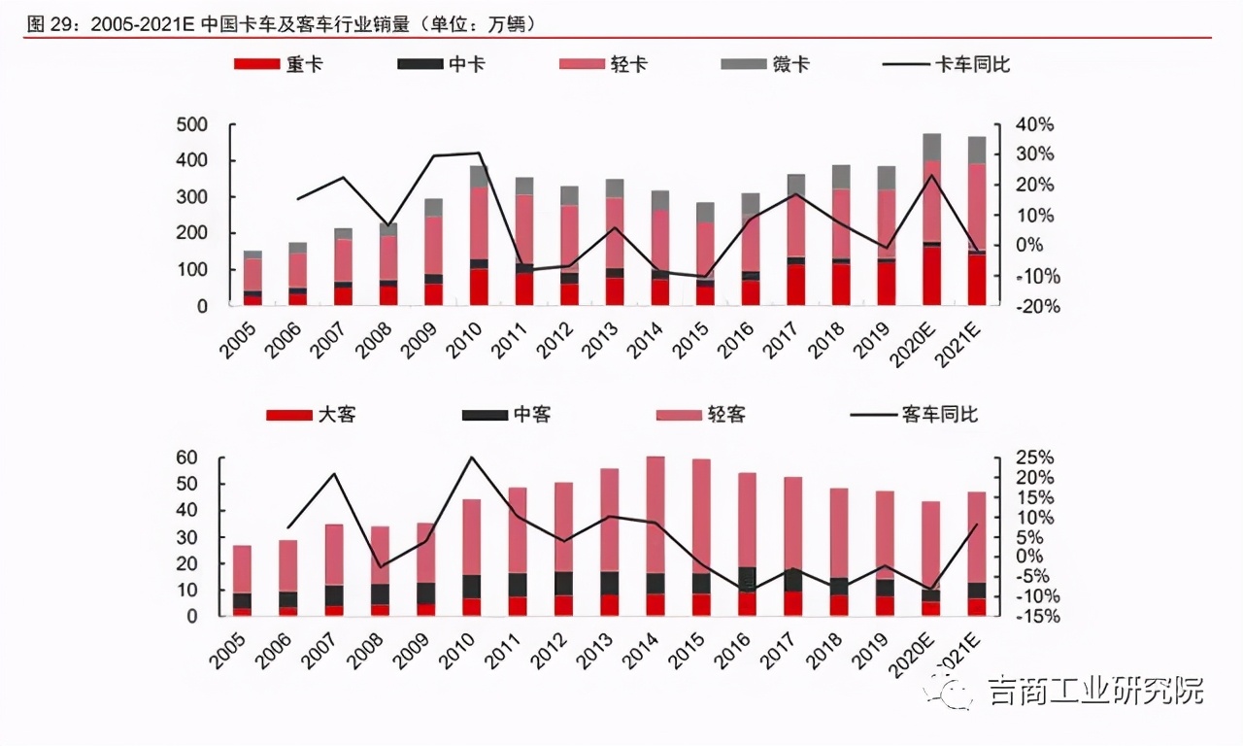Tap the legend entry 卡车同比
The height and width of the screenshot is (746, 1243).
947,64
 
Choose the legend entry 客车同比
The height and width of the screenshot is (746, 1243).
913,415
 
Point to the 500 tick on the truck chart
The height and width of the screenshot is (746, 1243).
191,124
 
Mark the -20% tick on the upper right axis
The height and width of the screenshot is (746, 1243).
1034,306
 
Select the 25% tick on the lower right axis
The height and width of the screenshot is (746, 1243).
1032,458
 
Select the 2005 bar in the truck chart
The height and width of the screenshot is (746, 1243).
252,279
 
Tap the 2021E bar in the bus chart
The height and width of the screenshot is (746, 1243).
977,554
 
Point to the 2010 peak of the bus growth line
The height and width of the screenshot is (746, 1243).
471,457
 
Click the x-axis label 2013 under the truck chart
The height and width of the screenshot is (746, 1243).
597,340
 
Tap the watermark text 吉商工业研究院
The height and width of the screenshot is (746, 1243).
1094,692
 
